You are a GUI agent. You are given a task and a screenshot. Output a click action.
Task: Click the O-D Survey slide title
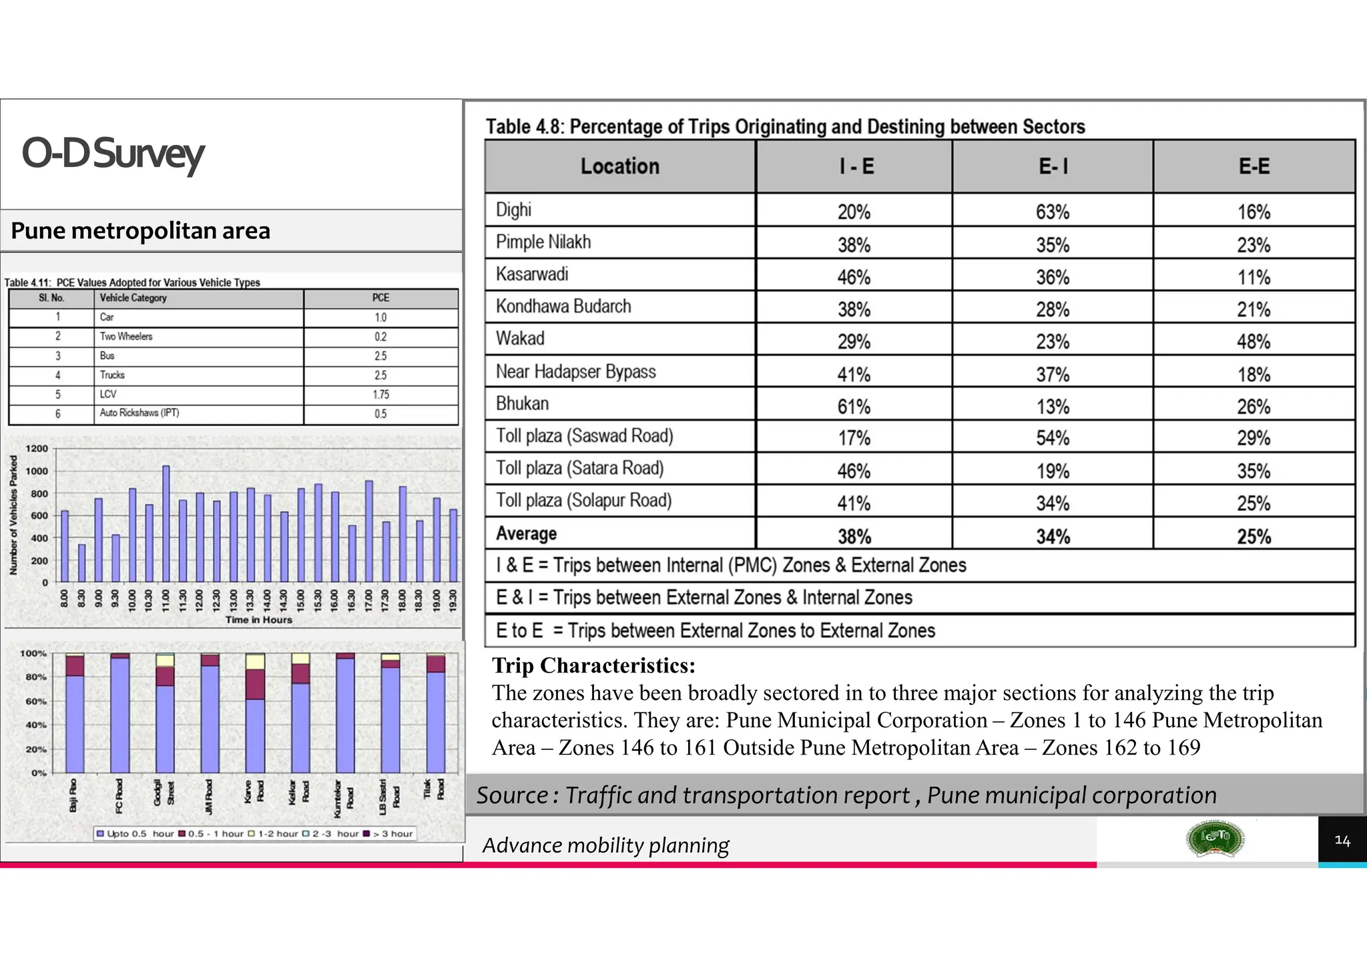coord(112,154)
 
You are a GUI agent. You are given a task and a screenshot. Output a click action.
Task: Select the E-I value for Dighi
coord(1052,212)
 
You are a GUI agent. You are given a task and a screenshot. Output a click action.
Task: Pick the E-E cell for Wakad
coord(1253,341)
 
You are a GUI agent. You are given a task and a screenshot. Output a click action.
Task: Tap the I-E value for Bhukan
coord(854,406)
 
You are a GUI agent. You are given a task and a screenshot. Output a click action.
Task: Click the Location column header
coord(619,166)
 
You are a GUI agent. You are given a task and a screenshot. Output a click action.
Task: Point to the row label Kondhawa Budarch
coord(563,307)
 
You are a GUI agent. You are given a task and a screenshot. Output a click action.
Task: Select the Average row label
coord(526,534)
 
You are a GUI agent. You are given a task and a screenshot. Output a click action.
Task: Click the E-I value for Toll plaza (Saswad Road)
coord(1052,438)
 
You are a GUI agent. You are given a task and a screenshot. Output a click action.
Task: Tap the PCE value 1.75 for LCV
coord(380,395)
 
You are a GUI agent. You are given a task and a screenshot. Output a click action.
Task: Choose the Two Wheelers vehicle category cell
coord(126,337)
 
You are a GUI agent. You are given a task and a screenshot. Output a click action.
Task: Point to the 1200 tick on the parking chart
coord(37,448)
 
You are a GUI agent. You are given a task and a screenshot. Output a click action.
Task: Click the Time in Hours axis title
coord(258,620)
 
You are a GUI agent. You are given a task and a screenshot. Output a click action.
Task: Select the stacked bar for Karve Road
coord(255,713)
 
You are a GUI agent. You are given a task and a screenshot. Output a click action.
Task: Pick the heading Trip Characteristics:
coord(593,665)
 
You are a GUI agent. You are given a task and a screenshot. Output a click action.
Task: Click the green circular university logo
coord(1215,839)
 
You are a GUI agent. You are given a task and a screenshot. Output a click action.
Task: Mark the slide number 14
coord(1342,840)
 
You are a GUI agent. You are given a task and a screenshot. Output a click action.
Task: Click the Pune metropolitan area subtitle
coord(140,230)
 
